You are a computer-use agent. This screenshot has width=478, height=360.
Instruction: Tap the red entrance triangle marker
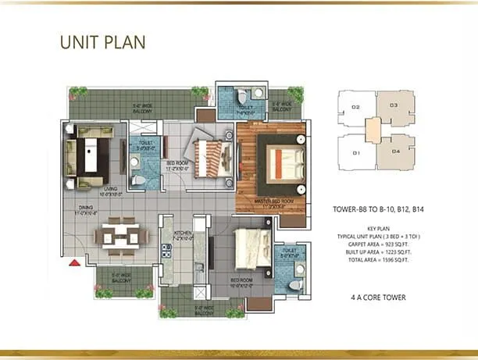click(74, 262)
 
